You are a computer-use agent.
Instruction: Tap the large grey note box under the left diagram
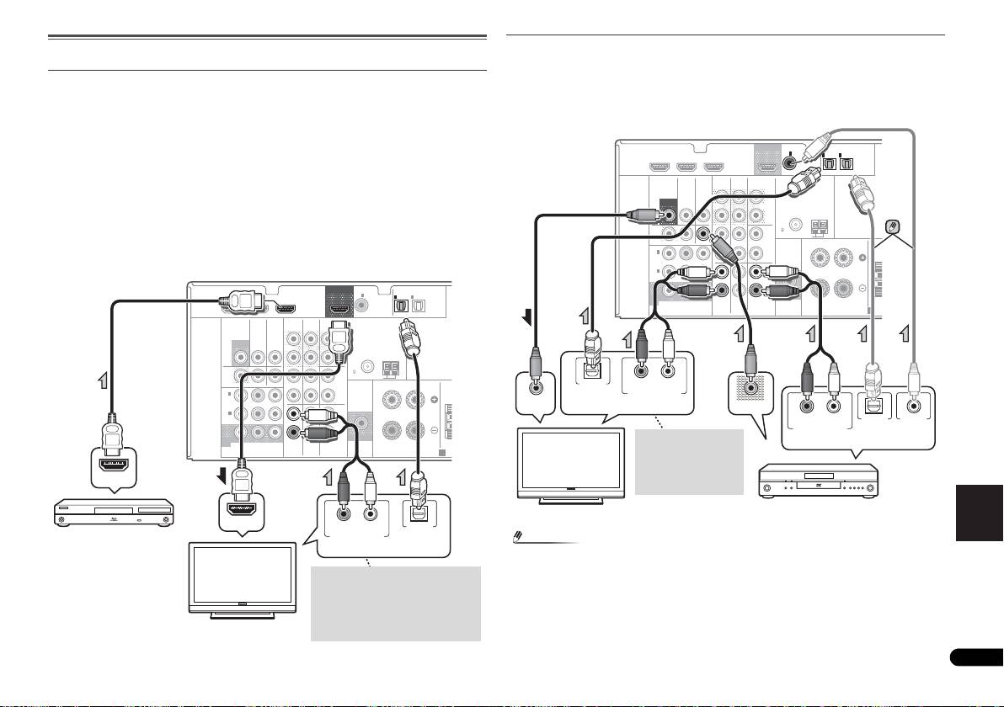coord(395,603)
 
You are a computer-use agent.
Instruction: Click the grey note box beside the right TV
coord(690,462)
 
